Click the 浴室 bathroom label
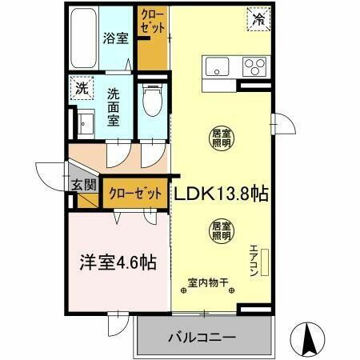[x=115, y=38]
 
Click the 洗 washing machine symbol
[x=82, y=89]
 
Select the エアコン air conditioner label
[x=254, y=260]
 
